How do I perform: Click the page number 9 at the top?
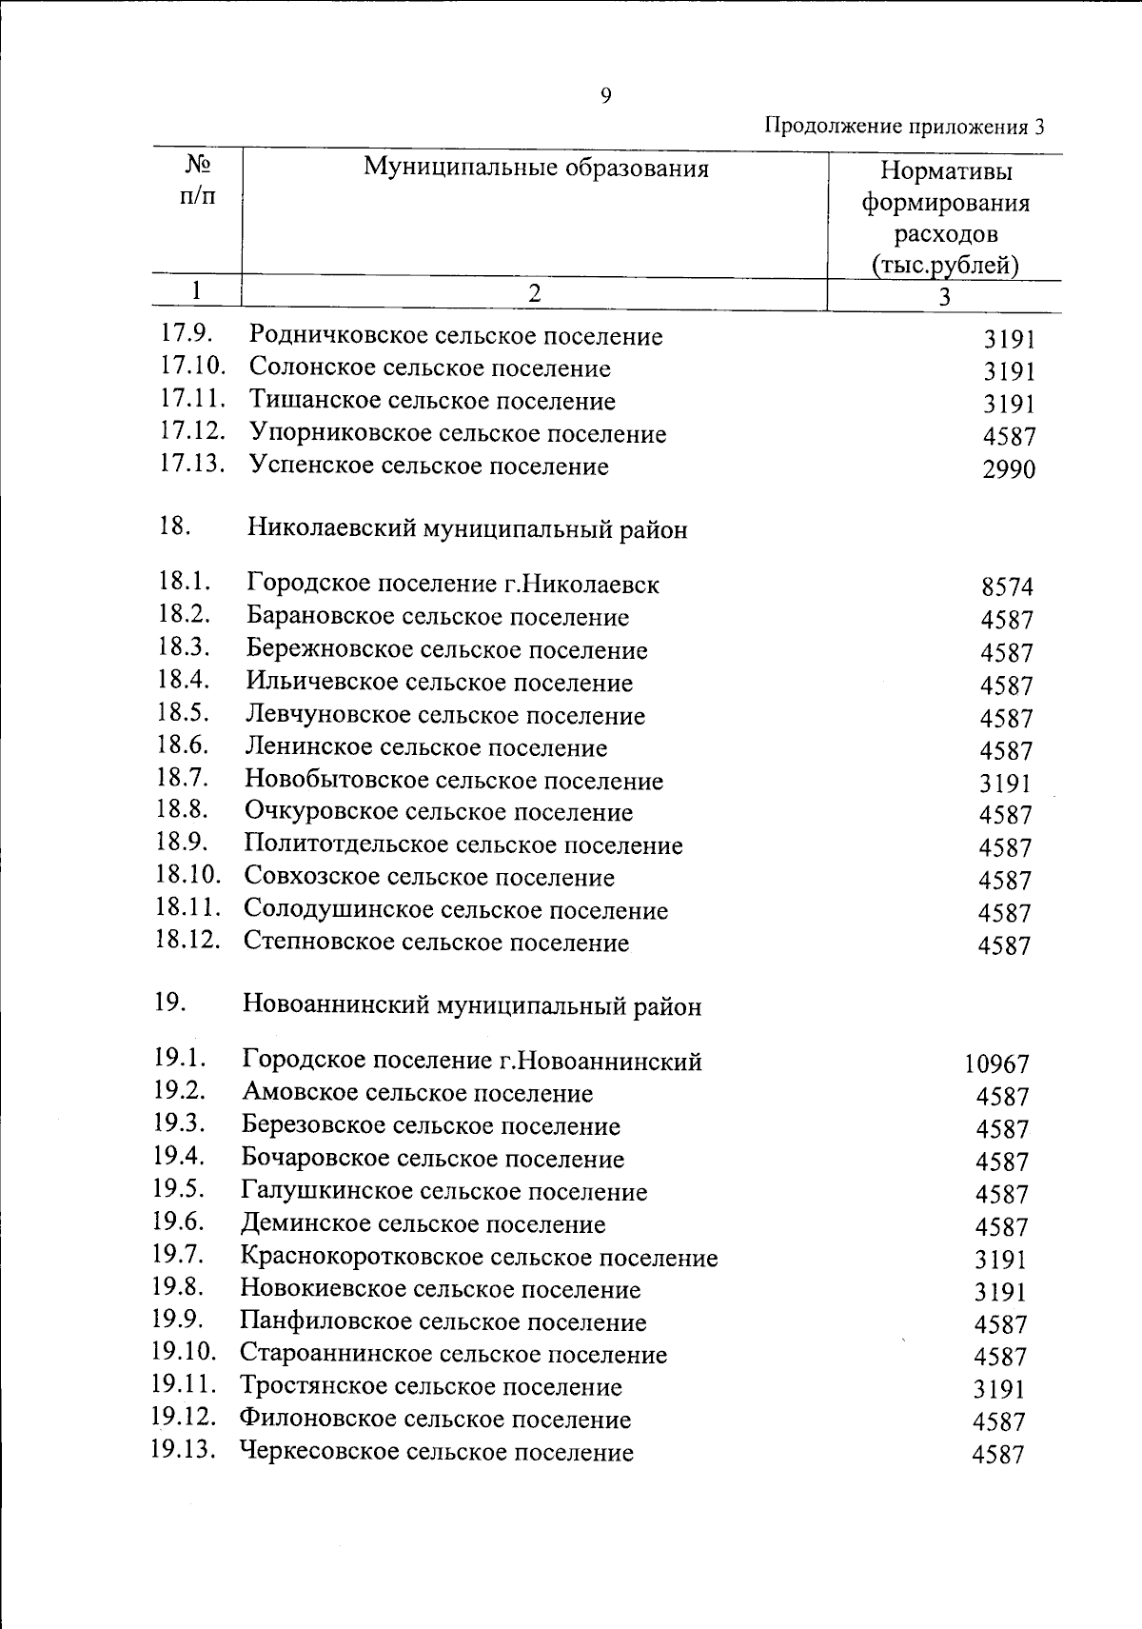pyautogui.click(x=606, y=95)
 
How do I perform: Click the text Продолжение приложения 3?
pyautogui.click(x=905, y=127)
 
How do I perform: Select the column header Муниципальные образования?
pyautogui.click(x=536, y=169)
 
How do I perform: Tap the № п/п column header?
pyautogui.click(x=197, y=181)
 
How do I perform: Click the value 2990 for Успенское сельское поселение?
pyautogui.click(x=1009, y=469)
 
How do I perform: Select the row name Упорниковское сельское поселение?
pyautogui.click(x=458, y=434)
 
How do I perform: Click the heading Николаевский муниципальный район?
pyautogui.click(x=466, y=529)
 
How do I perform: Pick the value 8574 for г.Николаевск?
pyautogui.click(x=1007, y=587)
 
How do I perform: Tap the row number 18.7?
pyautogui.click(x=183, y=777)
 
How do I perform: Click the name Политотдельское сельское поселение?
pyautogui.click(x=463, y=845)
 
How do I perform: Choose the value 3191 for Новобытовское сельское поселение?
pyautogui.click(x=1005, y=784)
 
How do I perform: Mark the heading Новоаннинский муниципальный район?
pyautogui.click(x=472, y=1006)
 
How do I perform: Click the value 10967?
pyautogui.click(x=996, y=1064)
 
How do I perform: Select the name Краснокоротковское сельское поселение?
pyautogui.click(x=479, y=1258)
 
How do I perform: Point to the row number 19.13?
pyautogui.click(x=184, y=1450)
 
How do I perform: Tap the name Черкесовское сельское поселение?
pyautogui.click(x=437, y=1453)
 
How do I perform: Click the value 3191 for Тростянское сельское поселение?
pyautogui.click(x=999, y=1389)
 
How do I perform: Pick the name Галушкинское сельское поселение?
pyautogui.click(x=444, y=1192)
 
